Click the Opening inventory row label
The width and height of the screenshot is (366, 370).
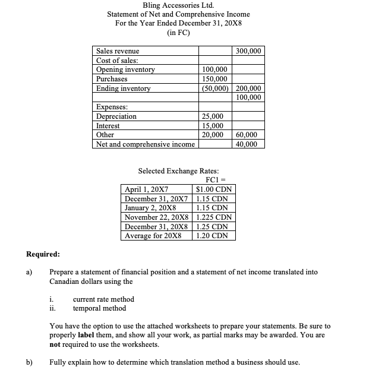[x=125, y=69]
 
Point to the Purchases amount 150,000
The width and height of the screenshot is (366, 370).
[x=214, y=79]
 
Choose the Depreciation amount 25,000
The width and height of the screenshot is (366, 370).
[x=213, y=116]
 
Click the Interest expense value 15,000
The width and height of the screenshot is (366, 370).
[x=213, y=126]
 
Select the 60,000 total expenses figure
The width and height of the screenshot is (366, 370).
[x=250, y=135]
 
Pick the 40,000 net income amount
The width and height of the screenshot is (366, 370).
[x=250, y=144]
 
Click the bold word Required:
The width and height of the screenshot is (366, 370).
[x=43, y=254]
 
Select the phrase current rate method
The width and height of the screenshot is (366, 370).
[x=103, y=299]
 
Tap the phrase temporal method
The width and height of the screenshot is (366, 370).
[x=99, y=308]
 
